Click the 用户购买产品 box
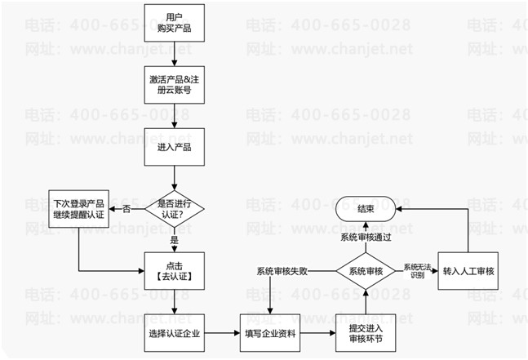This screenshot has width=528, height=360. [x=173, y=24]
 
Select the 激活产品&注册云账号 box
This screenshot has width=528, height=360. [x=173, y=86]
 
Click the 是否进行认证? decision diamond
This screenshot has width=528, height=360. [x=173, y=210]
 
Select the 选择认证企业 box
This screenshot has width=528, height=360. [x=173, y=334]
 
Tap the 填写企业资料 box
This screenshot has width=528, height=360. [x=268, y=334]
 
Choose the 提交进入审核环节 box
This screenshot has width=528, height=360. [x=365, y=334]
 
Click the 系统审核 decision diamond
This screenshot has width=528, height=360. [x=365, y=271]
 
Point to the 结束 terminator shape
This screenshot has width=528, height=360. [x=365, y=210]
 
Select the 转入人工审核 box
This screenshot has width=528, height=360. [x=469, y=271]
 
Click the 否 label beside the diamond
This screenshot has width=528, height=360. [x=126, y=210]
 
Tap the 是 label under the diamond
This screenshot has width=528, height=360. [x=173, y=242]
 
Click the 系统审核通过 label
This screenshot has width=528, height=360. [x=365, y=237]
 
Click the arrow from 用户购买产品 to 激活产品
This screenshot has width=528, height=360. [x=173, y=55]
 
